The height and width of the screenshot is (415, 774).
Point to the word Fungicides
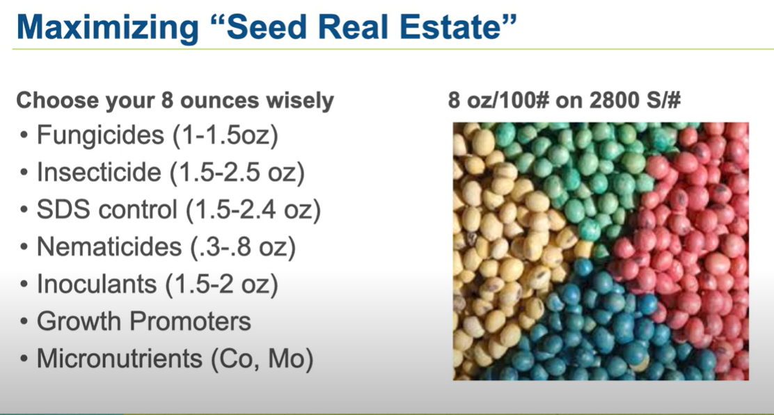pyautogui.click(x=100, y=135)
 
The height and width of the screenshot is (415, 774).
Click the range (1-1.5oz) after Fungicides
pyautogui.click(x=225, y=135)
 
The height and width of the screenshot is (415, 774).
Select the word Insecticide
pyautogui.click(x=99, y=172)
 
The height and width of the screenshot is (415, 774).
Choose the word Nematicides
pyautogui.click(x=108, y=246)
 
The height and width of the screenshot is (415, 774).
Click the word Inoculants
pyautogui.click(x=97, y=284)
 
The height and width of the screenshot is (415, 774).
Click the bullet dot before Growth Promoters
pyautogui.click(x=24, y=322)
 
